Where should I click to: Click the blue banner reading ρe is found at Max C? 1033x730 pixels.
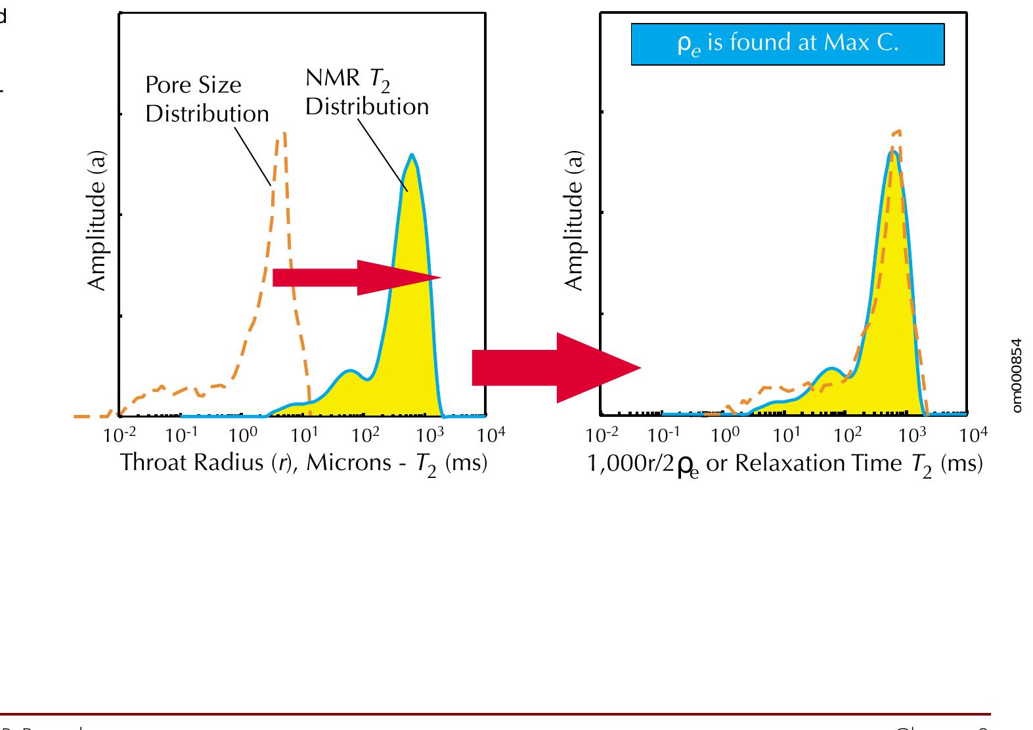pos(787,44)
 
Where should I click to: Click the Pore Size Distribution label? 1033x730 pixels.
pos(207,100)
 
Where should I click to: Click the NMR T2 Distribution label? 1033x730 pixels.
pos(366,93)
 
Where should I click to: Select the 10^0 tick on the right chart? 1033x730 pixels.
pos(726,435)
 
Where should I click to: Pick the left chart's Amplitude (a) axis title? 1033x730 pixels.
pos(97,222)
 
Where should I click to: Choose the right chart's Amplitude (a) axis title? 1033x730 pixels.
pos(575,222)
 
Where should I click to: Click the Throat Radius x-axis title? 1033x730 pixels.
pos(303,463)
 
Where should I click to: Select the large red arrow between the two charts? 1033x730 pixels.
pos(556,368)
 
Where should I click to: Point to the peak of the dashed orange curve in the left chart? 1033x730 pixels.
pos(283,134)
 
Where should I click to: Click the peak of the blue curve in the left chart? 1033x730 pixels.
pos(412,155)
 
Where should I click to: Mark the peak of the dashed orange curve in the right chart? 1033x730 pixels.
pos(896,131)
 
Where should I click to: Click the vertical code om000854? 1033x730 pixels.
pos(1017,375)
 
